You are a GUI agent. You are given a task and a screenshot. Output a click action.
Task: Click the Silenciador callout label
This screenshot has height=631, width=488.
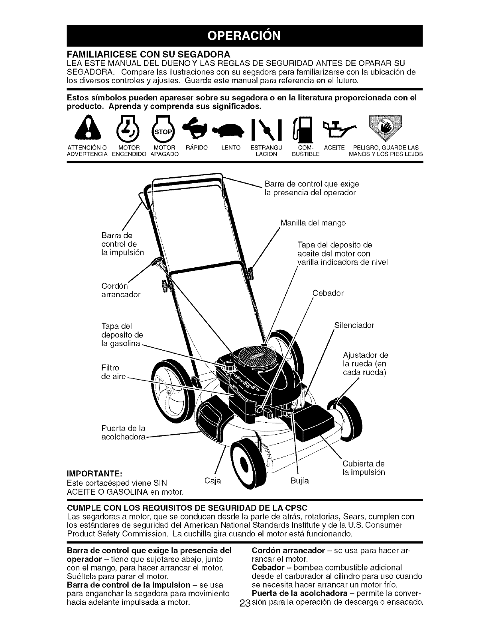354,325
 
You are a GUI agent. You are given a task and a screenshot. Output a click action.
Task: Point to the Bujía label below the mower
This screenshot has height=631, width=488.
300,481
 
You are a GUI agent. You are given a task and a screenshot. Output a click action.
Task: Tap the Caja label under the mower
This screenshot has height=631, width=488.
212,480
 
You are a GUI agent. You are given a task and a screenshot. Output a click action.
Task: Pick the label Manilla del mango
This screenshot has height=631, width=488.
313,223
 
